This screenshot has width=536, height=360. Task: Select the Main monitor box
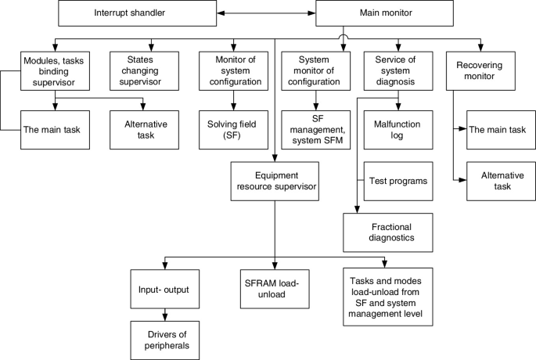coord(386,13)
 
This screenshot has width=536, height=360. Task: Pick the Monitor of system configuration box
coord(232,70)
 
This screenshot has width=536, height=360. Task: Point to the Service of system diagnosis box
coord(399,70)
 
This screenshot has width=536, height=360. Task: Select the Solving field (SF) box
coord(232,127)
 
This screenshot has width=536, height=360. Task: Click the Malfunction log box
coord(399,127)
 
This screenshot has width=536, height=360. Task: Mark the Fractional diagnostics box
coord(387,232)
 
